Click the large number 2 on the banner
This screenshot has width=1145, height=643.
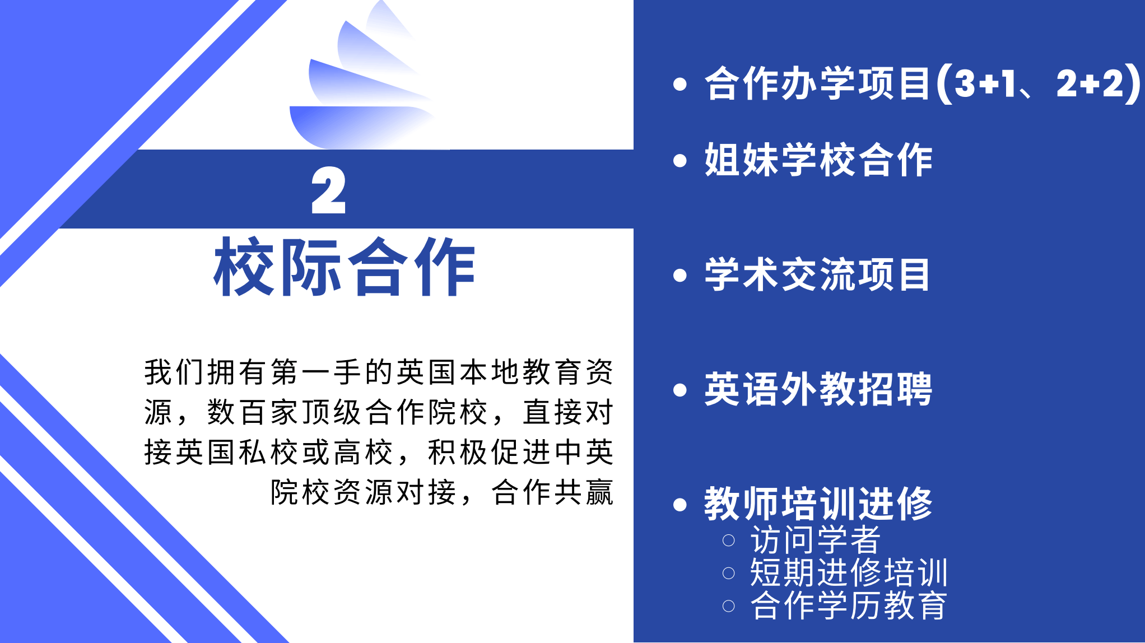click(x=328, y=190)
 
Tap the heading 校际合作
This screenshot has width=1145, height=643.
click(x=345, y=267)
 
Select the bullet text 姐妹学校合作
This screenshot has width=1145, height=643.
click(x=818, y=160)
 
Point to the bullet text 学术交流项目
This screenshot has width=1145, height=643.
click(x=817, y=274)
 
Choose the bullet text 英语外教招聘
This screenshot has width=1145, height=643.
click(x=818, y=389)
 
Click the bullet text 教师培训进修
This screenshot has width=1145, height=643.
click(x=818, y=504)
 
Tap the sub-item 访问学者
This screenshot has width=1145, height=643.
click(x=815, y=539)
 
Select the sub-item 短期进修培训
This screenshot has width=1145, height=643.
click(x=849, y=572)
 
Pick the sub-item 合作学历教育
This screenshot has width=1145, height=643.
click(x=849, y=605)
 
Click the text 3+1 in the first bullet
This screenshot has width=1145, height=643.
click(x=985, y=83)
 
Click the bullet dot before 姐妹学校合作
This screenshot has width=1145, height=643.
click(x=680, y=161)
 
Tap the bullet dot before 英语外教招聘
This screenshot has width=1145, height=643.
click(x=680, y=390)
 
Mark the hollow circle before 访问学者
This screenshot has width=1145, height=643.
click(x=728, y=541)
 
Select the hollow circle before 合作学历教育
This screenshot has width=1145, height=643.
click(x=728, y=606)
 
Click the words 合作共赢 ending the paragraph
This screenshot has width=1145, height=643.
click(x=552, y=492)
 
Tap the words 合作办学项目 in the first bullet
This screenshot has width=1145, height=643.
click(x=818, y=83)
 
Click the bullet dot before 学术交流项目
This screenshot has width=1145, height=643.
click(x=680, y=275)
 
